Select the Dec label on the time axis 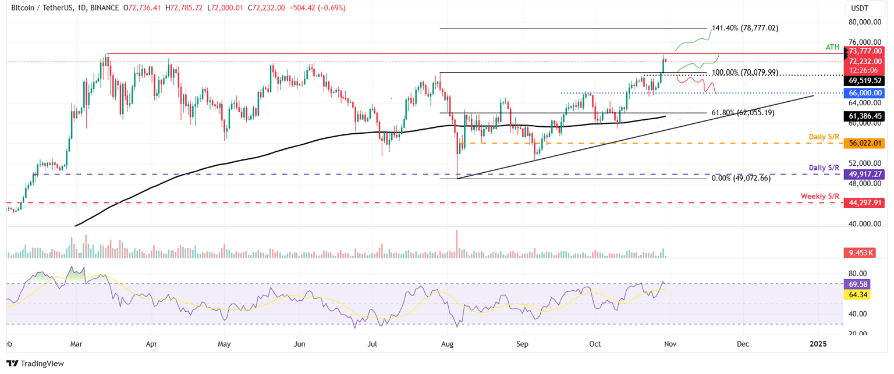[x=742, y=344]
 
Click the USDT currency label [x=858, y=8]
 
